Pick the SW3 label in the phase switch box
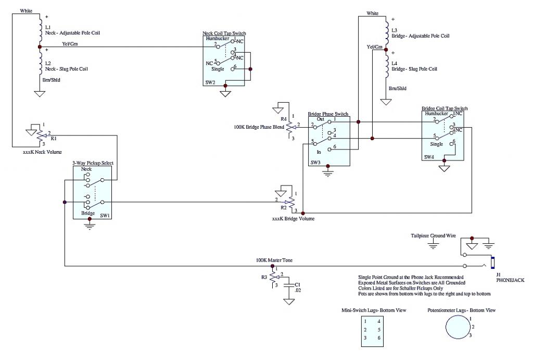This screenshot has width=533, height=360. pyautogui.click(x=315, y=163)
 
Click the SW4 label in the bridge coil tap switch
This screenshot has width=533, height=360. pyautogui.click(x=429, y=157)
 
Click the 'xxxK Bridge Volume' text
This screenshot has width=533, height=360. pyautogui.click(x=293, y=219)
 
